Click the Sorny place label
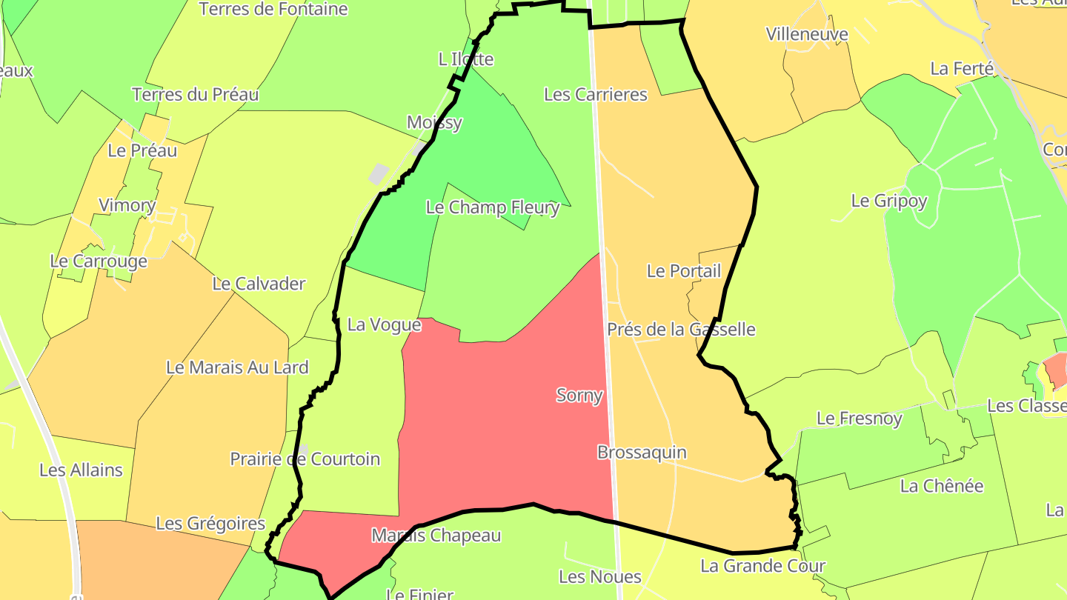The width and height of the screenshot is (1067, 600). coord(579,396)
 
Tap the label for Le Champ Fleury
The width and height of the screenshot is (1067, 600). coord(492,207)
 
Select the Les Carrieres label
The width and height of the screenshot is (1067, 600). coord(595,95)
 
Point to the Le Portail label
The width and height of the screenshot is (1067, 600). coord(683,271)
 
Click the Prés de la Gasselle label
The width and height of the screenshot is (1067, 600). coord(681,330)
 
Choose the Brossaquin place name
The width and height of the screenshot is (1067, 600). coord(642,453)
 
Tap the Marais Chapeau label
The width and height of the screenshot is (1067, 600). coord(436,536)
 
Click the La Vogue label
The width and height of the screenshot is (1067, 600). coord(384,325)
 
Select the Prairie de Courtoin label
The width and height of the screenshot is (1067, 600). coord(305,459)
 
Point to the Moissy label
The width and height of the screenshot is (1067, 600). coord(434,123)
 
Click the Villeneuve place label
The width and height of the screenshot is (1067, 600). coord(807,34)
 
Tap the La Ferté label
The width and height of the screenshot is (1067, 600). coord(961,69)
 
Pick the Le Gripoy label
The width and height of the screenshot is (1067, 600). coord(888,201)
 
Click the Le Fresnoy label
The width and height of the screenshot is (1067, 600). coord(859,419)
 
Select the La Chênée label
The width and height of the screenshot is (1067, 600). coord(941,487)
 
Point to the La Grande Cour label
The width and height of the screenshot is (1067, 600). coord(762,567)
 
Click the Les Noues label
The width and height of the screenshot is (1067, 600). coord(599,576)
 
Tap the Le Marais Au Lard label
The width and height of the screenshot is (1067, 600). coord(237,367)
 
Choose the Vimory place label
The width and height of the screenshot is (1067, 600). coord(127,206)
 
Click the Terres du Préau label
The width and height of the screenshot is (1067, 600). coord(195,95)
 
